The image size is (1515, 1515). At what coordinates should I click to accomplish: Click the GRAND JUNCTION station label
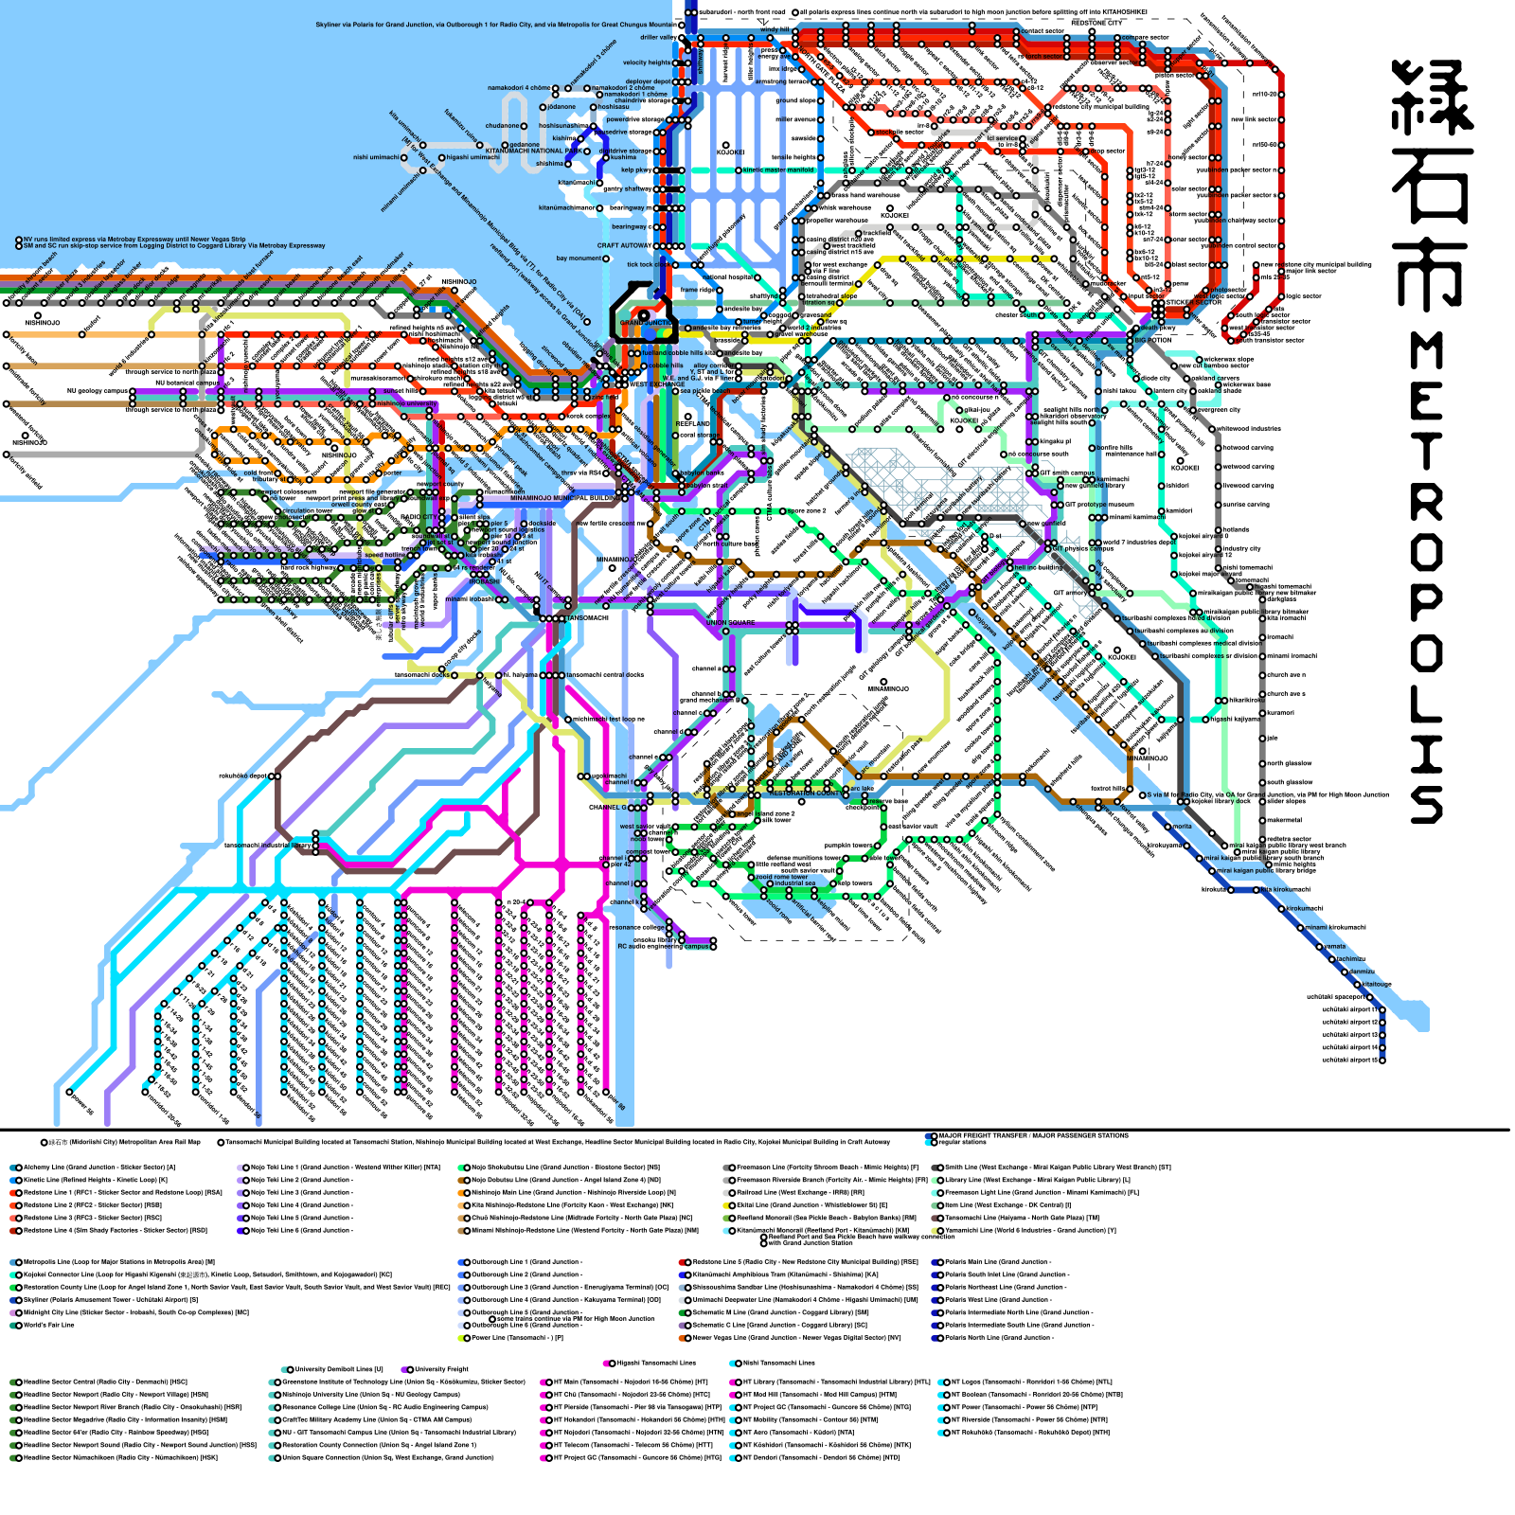point(646,323)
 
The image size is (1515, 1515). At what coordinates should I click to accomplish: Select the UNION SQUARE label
point(731,623)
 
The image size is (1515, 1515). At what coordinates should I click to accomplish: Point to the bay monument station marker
point(607,258)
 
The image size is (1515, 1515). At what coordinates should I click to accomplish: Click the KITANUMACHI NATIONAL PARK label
point(534,151)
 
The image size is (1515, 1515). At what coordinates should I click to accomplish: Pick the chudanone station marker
point(525,126)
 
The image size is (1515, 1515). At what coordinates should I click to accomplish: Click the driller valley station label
point(656,38)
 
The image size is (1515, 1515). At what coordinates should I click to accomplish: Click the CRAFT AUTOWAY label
point(623,245)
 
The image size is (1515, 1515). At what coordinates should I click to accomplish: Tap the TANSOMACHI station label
point(587,618)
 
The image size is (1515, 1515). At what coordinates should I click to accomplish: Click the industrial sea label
point(794,883)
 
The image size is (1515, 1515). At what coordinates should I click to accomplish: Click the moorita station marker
point(1167,827)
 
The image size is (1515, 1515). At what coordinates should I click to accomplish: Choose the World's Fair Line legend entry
point(47,1325)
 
